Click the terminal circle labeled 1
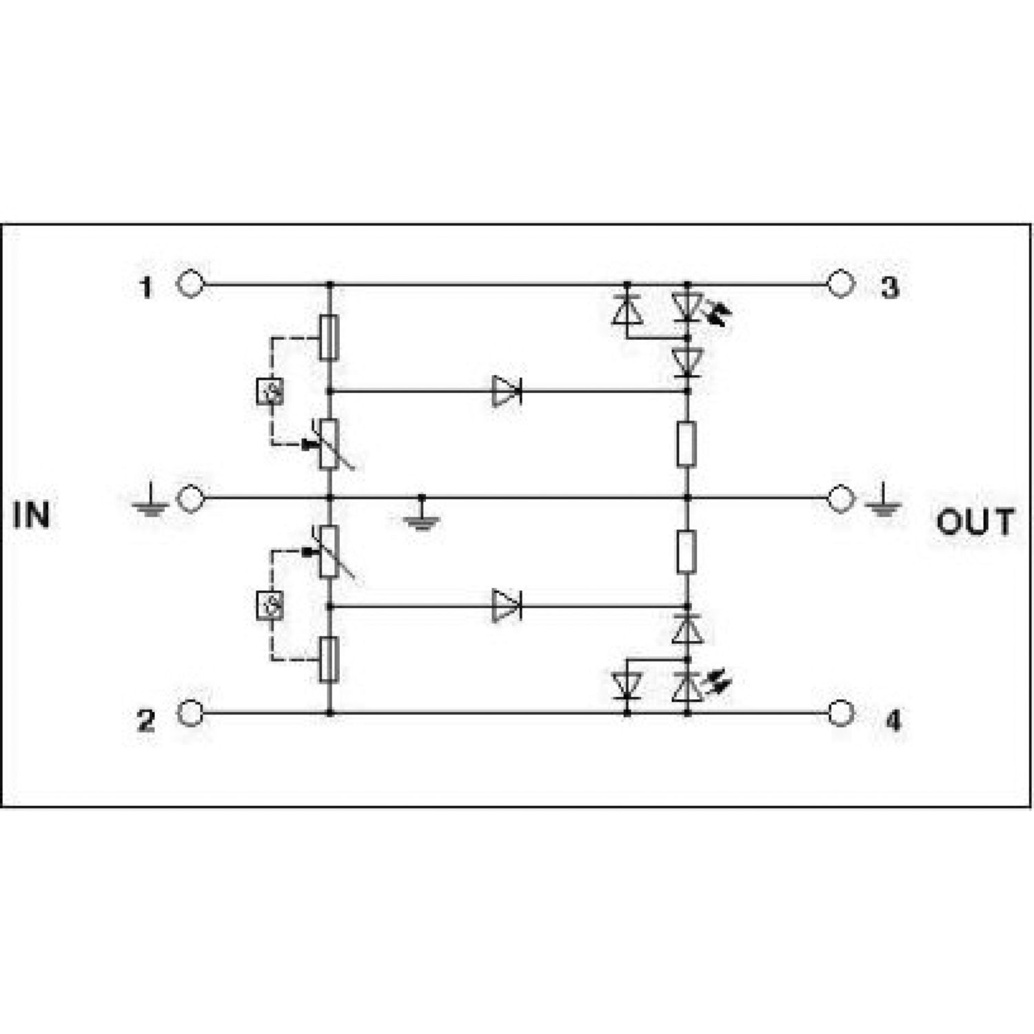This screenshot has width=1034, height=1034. click(190, 283)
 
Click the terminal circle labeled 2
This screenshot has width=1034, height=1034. click(190, 713)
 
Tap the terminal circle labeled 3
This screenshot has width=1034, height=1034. click(840, 283)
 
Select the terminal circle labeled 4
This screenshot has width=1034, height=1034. click(840, 713)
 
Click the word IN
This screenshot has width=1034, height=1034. click(32, 515)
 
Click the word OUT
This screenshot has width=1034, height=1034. click(975, 522)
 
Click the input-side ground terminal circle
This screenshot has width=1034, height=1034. click(190, 498)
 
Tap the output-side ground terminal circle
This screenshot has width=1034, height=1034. click(840, 498)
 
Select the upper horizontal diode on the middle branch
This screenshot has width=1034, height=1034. click(507, 391)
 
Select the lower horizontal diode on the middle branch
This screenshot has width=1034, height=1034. click(507, 606)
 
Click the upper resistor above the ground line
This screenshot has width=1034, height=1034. click(687, 445)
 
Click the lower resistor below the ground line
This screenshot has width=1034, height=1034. click(687, 551)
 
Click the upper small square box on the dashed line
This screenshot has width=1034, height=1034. click(270, 392)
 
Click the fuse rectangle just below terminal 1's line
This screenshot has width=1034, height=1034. click(329, 337)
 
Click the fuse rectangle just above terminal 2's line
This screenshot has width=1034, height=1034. click(329, 660)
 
